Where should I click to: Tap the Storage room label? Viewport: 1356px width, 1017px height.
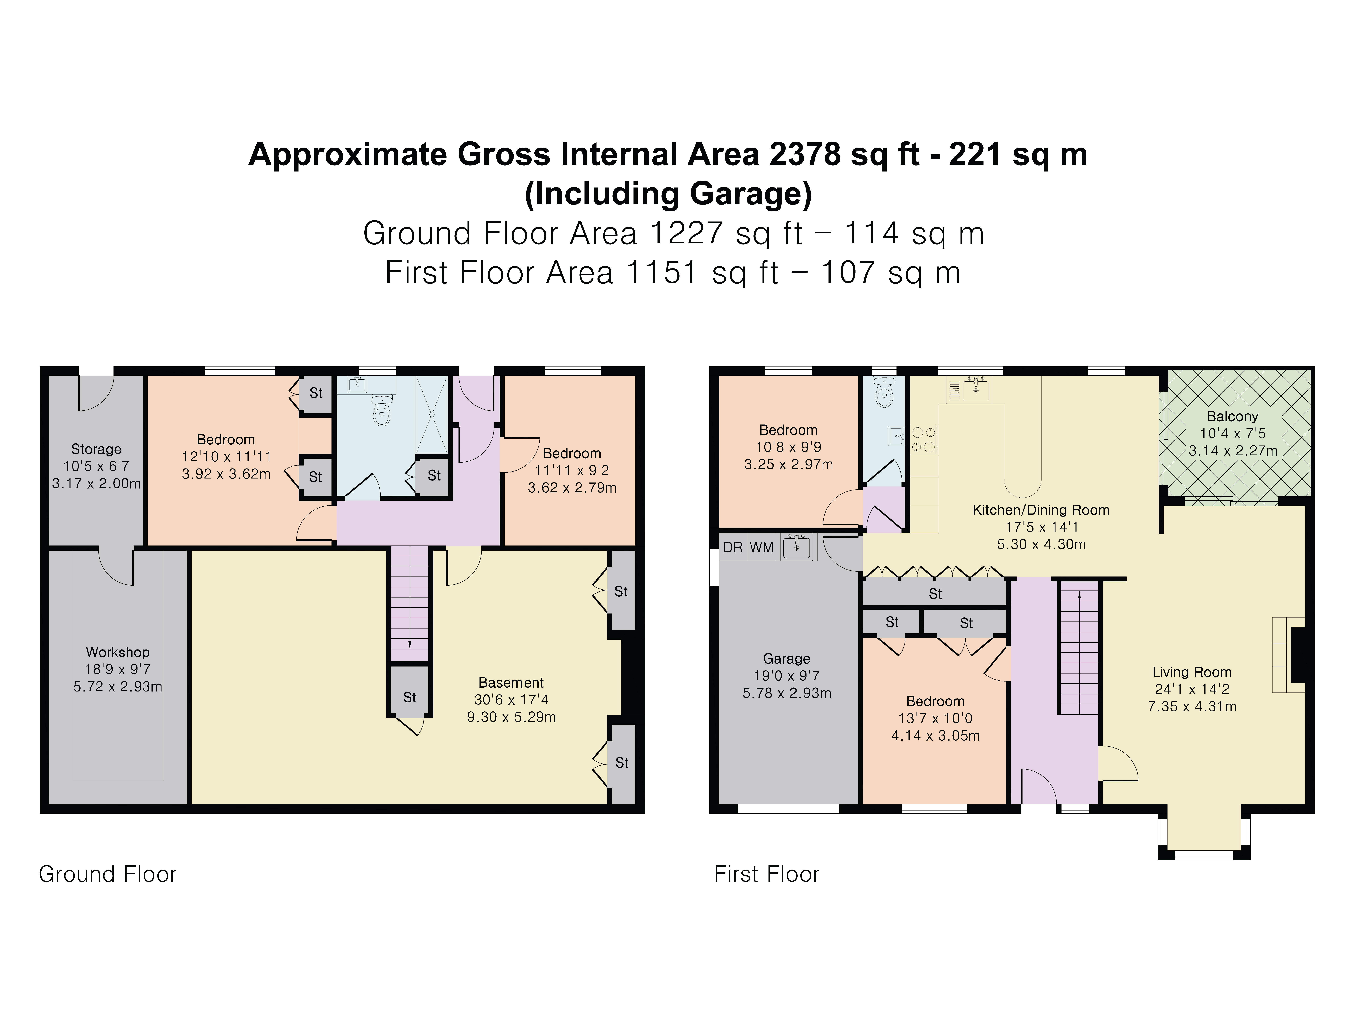(x=96, y=449)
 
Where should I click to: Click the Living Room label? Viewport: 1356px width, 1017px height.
(x=1192, y=672)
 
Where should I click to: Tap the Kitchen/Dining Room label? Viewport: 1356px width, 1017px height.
(x=1041, y=510)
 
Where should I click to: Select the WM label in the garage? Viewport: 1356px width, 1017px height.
(x=761, y=547)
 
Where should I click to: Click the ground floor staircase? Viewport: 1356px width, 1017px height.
(x=410, y=604)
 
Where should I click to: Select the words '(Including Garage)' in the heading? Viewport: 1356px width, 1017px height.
(x=668, y=194)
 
